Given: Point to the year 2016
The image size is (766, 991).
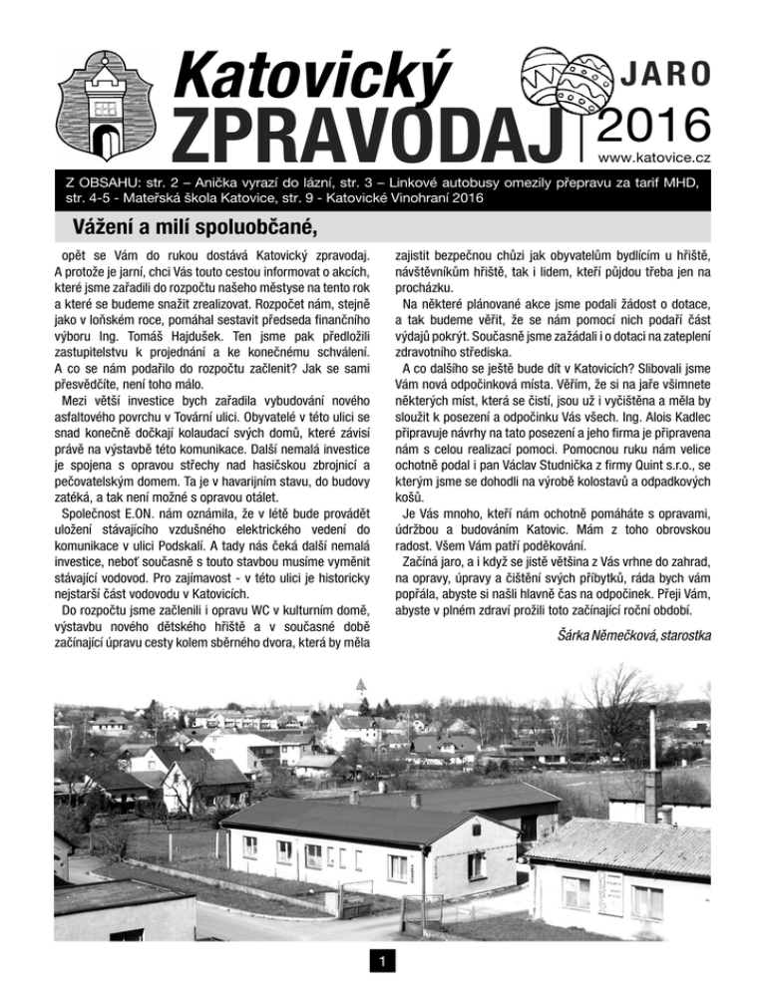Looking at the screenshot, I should (x=652, y=125).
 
